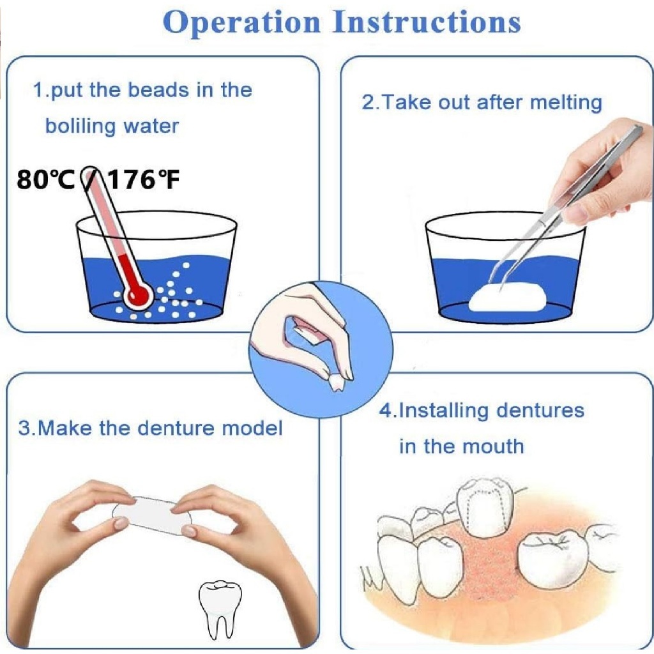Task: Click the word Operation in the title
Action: click(242, 23)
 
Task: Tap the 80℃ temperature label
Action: click(45, 179)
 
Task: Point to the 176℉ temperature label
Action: click(144, 179)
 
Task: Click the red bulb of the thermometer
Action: click(138, 295)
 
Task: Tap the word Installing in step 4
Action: click(443, 411)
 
